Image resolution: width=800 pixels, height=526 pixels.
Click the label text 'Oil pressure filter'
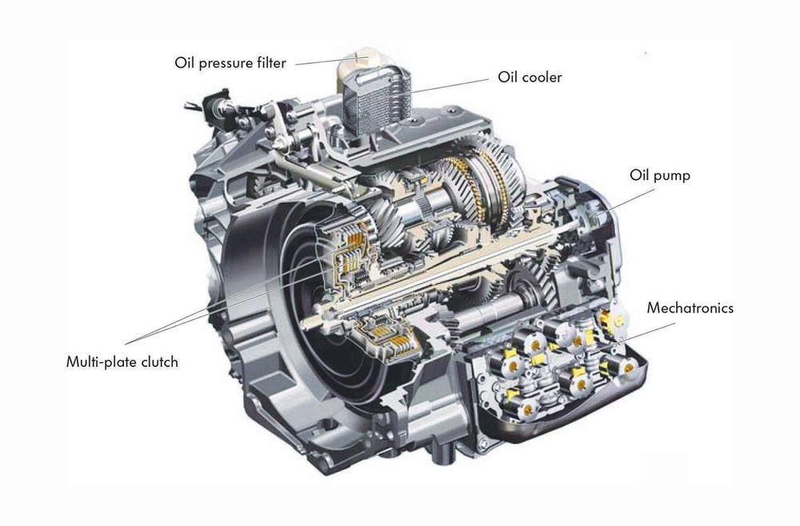pyautogui.click(x=230, y=63)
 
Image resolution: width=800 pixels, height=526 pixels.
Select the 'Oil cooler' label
pyautogui.click(x=530, y=78)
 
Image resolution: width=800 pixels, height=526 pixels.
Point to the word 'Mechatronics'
pyautogui.click(x=690, y=308)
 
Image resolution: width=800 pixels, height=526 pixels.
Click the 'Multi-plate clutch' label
pyautogui.click(x=122, y=362)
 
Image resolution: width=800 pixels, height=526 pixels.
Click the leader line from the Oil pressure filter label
pyautogui.click(x=320, y=59)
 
